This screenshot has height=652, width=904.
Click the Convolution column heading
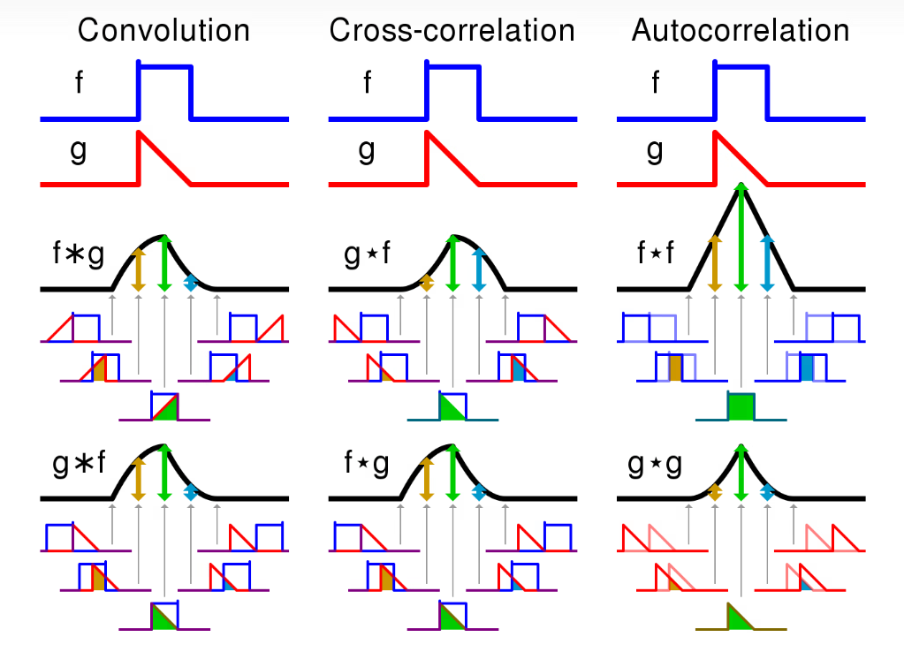click(163, 30)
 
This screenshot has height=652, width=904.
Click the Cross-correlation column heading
click(452, 30)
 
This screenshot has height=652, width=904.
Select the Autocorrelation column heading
click(740, 30)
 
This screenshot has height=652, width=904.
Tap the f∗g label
click(78, 255)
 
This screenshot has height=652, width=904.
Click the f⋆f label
click(656, 255)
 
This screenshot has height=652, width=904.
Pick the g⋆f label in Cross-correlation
click(367, 255)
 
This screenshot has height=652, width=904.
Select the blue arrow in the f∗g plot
click(190, 282)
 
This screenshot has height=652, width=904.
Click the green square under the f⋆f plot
click(741, 407)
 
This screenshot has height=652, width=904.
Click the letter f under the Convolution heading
click(80, 84)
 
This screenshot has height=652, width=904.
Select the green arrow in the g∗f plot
click(163, 473)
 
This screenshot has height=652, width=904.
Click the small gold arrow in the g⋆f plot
click(426, 282)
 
